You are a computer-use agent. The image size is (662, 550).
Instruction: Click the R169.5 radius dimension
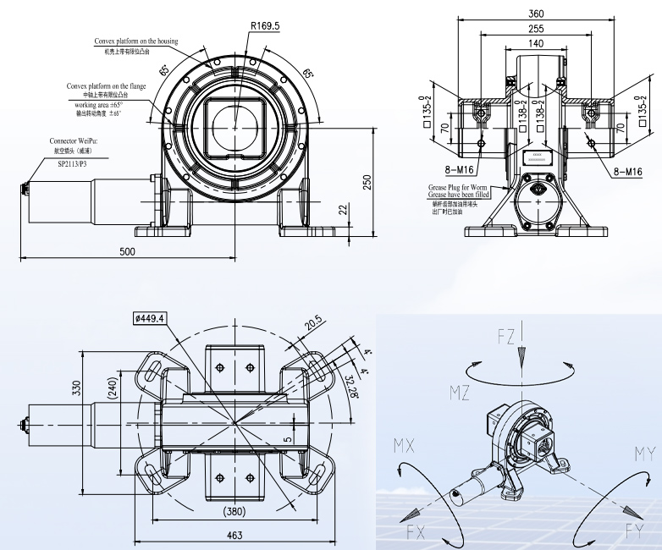click(x=264, y=26)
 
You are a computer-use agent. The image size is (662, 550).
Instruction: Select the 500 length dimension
click(x=127, y=251)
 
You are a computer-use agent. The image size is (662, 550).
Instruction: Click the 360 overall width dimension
click(x=535, y=14)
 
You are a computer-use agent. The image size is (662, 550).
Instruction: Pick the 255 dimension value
click(x=535, y=29)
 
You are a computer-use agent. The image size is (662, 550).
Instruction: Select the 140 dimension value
click(x=535, y=43)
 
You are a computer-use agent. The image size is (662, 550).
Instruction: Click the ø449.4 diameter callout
click(x=150, y=317)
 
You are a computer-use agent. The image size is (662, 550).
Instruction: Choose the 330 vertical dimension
click(x=76, y=388)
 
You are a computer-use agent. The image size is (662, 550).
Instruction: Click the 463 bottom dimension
click(x=234, y=535)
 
